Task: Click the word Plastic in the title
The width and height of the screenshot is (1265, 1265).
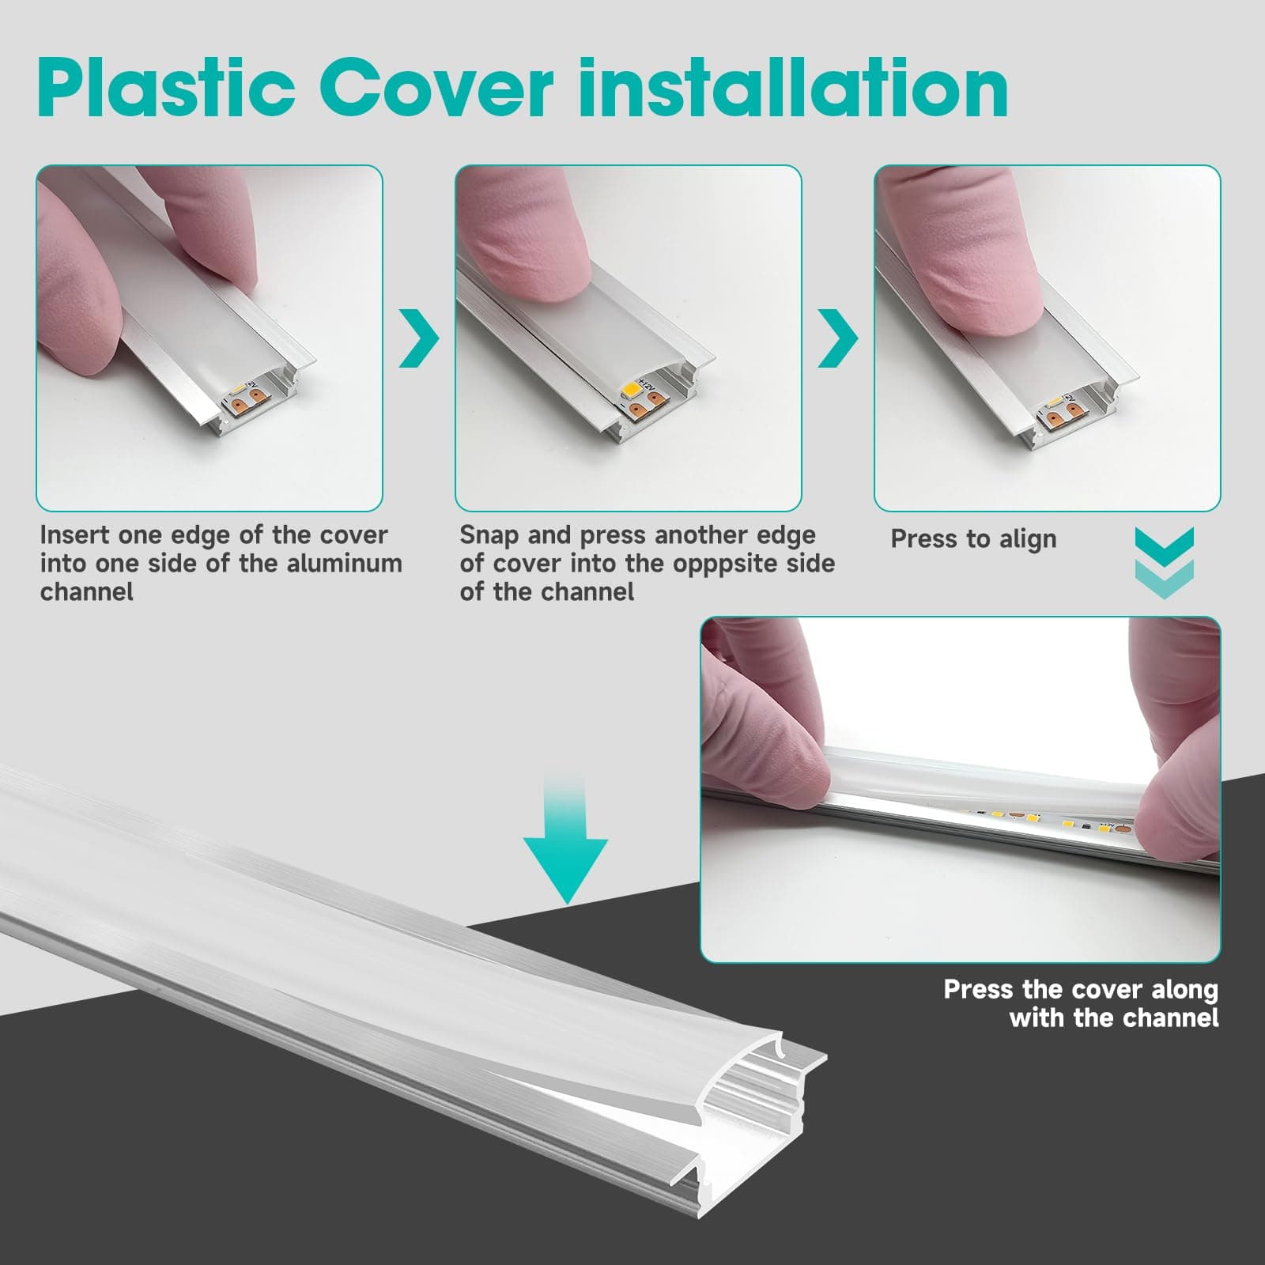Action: [166, 89]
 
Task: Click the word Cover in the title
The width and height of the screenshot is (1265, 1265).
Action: [436, 89]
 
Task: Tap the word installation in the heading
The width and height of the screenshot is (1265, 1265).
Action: [793, 89]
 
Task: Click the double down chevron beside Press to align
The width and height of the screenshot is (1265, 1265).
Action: [1164, 563]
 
